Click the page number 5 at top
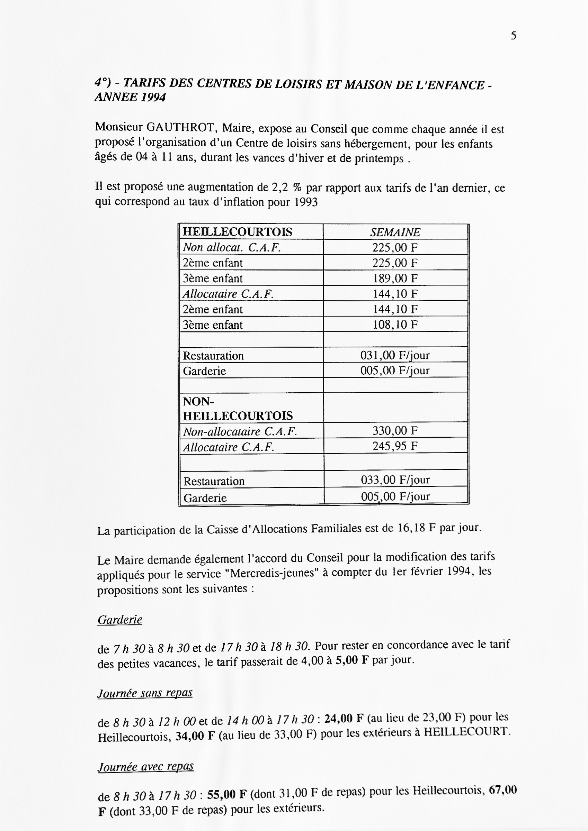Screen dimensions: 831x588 click(513, 36)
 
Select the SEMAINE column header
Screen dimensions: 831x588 click(395, 232)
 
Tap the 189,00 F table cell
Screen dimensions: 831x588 click(395, 278)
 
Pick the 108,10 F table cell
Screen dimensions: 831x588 click(395, 325)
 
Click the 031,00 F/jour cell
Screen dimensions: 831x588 click(395, 355)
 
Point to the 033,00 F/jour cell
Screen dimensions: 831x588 click(395, 480)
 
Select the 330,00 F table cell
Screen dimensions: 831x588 click(395, 430)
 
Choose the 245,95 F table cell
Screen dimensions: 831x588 click(395, 446)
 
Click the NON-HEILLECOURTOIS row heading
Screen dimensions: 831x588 click(238, 409)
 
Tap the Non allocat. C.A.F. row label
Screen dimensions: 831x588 click(232, 248)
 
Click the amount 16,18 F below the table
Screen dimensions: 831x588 click(416, 528)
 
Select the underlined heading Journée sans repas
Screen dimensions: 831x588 click(145, 693)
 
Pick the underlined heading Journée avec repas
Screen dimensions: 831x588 click(146, 767)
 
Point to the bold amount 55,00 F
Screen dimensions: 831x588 click(227, 795)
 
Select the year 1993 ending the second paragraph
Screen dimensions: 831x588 click(306, 202)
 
